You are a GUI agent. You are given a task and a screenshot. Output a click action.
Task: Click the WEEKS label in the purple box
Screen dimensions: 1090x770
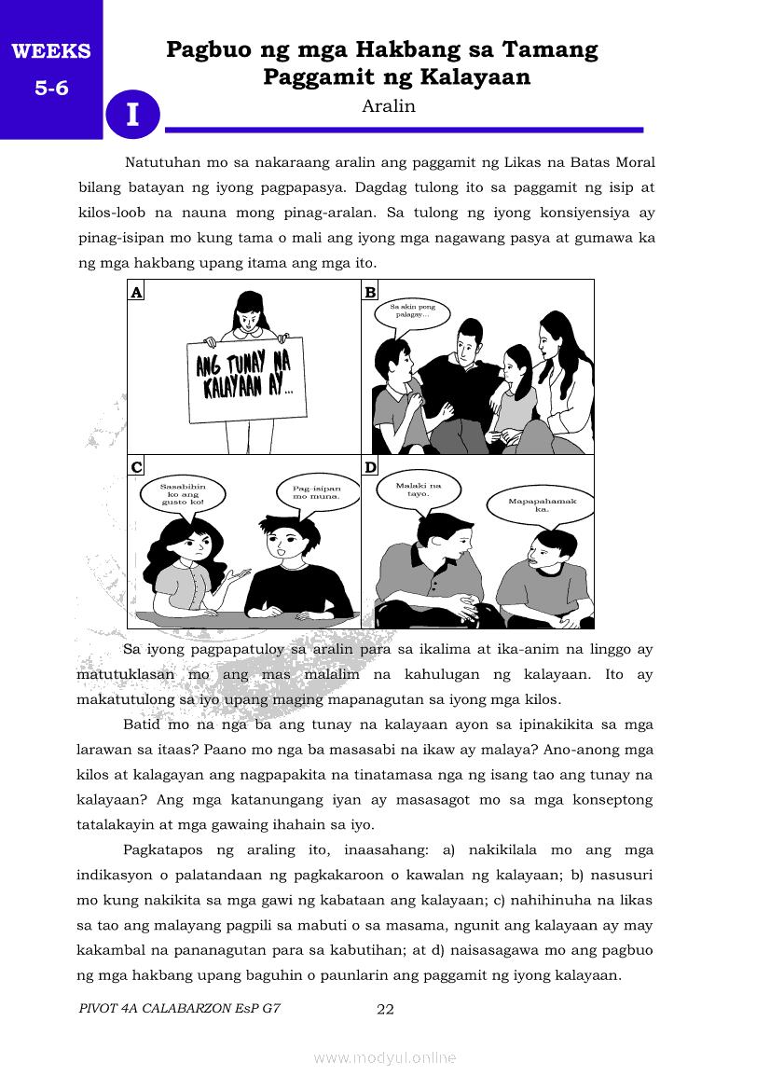click(x=51, y=52)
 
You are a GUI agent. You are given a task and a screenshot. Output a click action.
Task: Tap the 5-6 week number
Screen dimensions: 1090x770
click(x=51, y=90)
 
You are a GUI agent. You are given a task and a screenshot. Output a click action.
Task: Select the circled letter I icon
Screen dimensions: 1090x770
click(x=133, y=114)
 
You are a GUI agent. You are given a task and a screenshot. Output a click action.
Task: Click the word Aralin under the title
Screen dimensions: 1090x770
click(x=388, y=106)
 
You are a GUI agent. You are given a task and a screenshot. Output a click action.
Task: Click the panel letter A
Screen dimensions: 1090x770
click(x=136, y=292)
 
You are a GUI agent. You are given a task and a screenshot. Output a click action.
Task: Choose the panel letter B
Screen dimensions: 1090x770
click(x=370, y=292)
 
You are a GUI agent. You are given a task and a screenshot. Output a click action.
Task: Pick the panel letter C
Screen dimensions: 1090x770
click(x=136, y=467)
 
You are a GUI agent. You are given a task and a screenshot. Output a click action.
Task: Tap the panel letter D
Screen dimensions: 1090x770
click(x=370, y=467)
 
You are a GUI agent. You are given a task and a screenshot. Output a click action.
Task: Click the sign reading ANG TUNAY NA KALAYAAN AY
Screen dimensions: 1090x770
click(x=245, y=375)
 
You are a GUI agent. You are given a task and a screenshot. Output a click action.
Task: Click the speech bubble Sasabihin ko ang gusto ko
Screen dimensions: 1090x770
click(x=183, y=493)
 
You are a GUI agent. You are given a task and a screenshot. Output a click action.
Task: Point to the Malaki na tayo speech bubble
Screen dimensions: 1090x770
click(x=418, y=490)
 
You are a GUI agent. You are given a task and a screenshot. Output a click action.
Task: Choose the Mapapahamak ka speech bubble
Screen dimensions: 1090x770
click(x=542, y=505)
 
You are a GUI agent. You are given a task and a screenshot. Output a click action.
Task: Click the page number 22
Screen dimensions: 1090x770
click(x=385, y=1008)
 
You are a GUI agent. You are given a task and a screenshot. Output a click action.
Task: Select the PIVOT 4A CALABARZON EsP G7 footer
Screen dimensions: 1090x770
click(x=180, y=1008)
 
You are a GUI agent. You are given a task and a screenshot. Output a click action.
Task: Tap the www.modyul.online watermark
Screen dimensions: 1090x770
click(x=385, y=1057)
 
